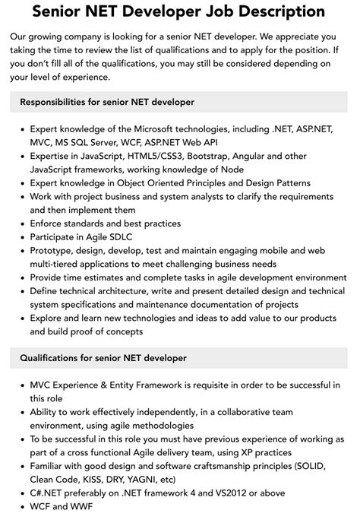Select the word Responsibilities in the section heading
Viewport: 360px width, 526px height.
[60, 101]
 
